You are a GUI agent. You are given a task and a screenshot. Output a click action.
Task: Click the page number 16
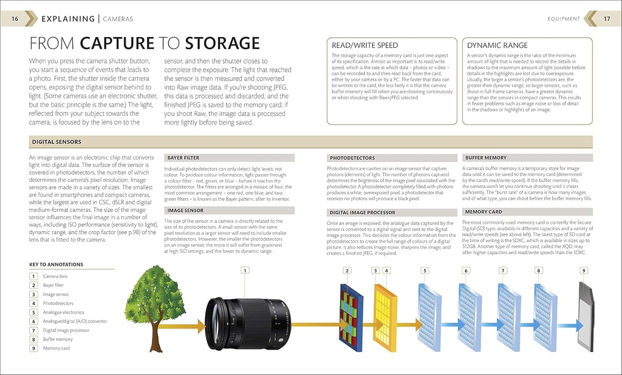(x=15, y=19)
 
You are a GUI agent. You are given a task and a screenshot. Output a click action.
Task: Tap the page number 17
(x=606, y=19)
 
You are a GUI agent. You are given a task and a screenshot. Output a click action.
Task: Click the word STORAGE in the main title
(x=222, y=44)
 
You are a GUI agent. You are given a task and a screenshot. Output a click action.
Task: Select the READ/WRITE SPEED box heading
(x=364, y=46)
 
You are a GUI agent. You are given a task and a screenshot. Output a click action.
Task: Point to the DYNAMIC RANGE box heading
(x=497, y=46)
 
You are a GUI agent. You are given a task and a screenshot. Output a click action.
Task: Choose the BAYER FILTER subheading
(x=183, y=158)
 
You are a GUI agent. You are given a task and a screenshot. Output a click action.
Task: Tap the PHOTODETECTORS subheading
(x=352, y=158)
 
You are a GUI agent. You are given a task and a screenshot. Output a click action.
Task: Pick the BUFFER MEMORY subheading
(x=485, y=158)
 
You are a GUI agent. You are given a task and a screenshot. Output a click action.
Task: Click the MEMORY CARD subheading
(x=484, y=212)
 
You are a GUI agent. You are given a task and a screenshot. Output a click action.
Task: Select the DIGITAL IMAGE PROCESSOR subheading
(x=362, y=213)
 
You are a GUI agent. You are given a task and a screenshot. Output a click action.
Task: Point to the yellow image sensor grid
(x=383, y=315)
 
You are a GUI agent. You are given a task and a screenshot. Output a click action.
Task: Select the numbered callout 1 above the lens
(x=245, y=271)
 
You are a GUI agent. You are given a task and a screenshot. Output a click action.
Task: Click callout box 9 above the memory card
(x=584, y=271)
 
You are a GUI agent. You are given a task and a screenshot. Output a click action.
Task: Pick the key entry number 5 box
(x=34, y=312)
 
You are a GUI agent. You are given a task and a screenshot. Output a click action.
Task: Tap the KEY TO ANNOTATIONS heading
(x=56, y=265)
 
